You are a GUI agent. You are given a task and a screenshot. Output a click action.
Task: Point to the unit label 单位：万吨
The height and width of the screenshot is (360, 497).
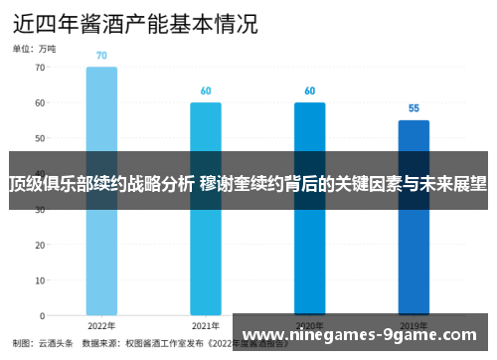tap(35, 48)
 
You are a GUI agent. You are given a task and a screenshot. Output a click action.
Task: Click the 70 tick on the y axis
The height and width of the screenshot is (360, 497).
tap(40, 68)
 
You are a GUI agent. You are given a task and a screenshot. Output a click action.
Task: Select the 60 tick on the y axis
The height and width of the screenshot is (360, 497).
tap(40, 102)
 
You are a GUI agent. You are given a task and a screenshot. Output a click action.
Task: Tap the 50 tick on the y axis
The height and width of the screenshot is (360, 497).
tap(40, 138)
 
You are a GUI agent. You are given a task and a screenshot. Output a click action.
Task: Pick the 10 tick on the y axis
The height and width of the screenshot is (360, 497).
tap(40, 280)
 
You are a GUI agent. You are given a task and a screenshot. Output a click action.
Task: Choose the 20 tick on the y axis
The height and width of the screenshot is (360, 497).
tap(40, 245)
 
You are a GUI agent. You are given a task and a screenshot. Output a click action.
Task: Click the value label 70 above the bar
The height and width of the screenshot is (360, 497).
tap(101, 56)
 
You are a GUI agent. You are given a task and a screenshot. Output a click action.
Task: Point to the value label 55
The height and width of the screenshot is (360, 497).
tap(414, 108)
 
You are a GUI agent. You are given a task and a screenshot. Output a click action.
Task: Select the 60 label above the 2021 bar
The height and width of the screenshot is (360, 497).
tap(206, 91)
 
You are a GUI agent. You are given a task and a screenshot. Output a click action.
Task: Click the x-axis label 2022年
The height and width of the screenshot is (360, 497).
tap(101, 325)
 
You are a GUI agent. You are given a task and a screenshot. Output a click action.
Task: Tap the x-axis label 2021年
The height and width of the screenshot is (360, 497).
tap(206, 325)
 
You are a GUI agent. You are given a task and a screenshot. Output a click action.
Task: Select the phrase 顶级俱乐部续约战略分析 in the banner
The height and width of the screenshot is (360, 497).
tap(102, 184)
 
